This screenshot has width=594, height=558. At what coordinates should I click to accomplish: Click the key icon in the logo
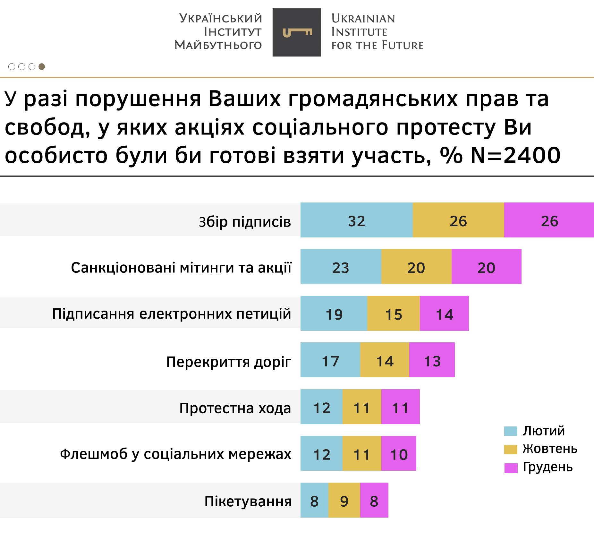point(297,32)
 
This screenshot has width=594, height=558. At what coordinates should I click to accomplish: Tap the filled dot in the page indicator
point(42,66)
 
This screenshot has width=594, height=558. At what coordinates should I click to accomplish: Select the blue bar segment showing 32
point(356,220)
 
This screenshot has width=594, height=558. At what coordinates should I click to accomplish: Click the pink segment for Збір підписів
point(549,220)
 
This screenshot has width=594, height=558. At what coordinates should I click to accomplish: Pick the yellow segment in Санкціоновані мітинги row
point(416,267)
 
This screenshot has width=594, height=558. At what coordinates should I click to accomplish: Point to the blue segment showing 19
point(334,313)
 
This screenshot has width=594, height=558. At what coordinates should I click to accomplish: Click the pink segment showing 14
point(444,313)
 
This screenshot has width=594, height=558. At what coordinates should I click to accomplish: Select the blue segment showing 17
point(330,360)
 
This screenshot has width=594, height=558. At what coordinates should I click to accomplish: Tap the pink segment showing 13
point(432,360)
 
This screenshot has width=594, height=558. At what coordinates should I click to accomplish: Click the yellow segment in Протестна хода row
point(361,407)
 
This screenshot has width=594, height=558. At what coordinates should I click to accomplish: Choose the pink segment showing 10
point(399,453)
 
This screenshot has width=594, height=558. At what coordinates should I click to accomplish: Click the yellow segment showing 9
point(344,500)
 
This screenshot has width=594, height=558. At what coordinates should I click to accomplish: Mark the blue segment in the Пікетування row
point(314,500)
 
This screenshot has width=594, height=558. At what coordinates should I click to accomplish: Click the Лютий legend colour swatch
point(511,431)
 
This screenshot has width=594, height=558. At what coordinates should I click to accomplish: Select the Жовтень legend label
point(550,449)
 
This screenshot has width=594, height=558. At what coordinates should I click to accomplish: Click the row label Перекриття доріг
point(229,362)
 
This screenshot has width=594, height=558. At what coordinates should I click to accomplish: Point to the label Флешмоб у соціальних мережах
point(175,454)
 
